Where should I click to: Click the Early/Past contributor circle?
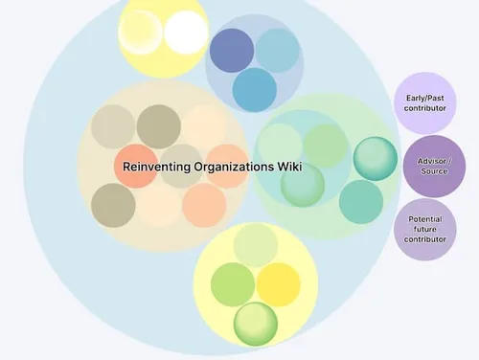point(424,102)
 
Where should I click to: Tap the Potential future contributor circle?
point(424,229)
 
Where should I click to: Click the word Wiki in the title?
point(289,167)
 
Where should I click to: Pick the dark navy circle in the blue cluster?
point(232,51)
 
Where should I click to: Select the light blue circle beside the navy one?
point(278,51)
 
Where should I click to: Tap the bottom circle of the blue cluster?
point(255,89)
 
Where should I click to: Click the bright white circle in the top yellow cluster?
point(185,32)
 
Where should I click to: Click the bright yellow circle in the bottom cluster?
point(279,284)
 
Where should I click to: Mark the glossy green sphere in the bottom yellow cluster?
point(256,323)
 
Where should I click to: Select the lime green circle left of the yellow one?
point(232,284)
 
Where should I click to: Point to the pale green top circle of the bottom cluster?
point(256,245)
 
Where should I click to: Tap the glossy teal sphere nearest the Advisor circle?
point(375,159)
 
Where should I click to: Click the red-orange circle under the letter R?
point(136,167)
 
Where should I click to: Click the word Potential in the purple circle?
point(424,219)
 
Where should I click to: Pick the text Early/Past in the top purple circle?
point(424,97)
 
